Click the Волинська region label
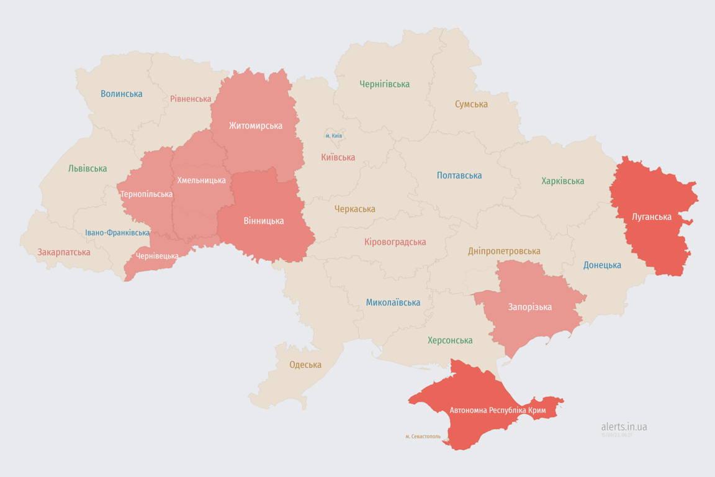point(122,94)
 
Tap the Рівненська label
point(191,99)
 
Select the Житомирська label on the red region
point(256,125)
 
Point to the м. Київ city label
point(334,135)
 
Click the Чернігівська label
point(385,84)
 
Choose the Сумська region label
point(471,104)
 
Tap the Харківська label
point(562,181)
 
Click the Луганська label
point(651,217)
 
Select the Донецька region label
point(602,265)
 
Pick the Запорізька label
point(530,307)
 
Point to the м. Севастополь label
point(423,437)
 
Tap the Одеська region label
point(305,365)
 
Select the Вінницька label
point(264,220)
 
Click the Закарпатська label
point(64,252)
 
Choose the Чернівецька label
point(157,256)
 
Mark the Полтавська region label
point(459,175)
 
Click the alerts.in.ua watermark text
point(624,427)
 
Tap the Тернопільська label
point(146,194)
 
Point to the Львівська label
point(88,168)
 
